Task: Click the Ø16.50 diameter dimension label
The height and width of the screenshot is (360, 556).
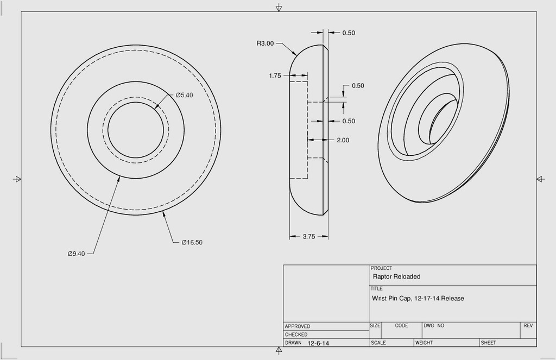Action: (x=192, y=243)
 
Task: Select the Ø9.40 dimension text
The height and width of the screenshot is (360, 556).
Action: (x=76, y=254)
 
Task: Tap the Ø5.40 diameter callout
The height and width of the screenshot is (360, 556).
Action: (x=185, y=95)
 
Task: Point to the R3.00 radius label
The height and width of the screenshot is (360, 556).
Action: (x=265, y=43)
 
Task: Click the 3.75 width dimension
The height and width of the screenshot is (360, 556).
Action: (x=309, y=237)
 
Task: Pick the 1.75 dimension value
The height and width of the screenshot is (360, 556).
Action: (x=275, y=75)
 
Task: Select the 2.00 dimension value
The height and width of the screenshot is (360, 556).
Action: (x=343, y=140)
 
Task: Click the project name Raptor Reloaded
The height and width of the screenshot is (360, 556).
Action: (x=396, y=276)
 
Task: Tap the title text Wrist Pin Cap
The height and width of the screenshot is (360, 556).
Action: (x=391, y=298)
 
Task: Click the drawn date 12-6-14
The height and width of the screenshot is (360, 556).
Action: (x=318, y=343)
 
